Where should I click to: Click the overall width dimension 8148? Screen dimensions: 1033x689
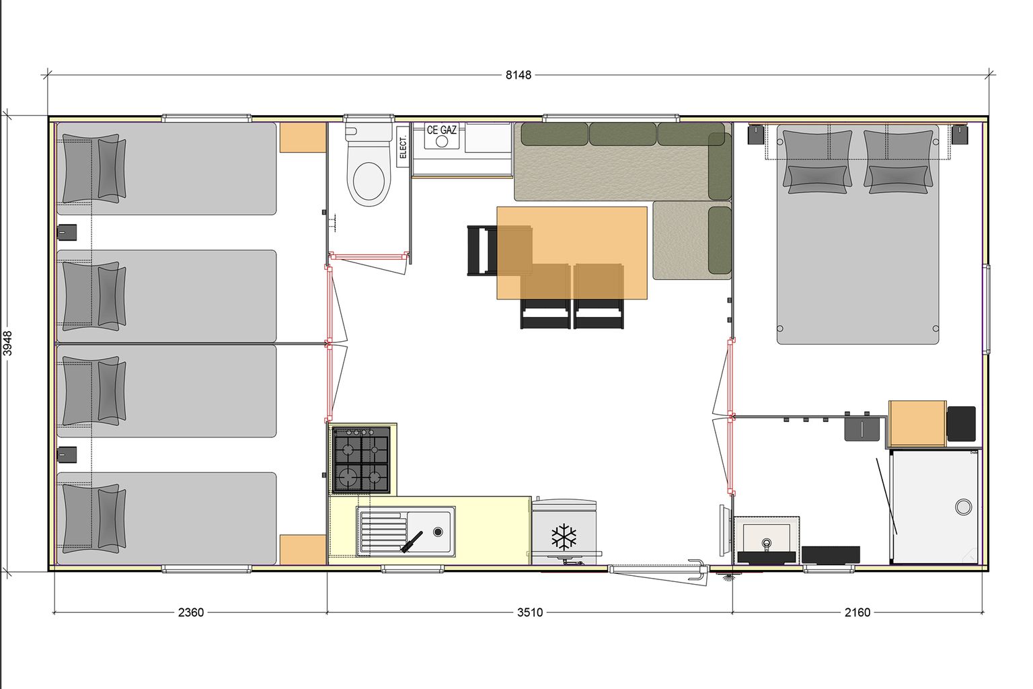coord(519,75)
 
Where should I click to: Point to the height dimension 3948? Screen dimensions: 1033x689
coord(8,343)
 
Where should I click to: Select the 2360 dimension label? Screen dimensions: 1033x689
coord(191,612)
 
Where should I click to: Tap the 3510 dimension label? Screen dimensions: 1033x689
coord(530,612)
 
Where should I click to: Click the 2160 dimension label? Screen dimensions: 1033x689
coord(857,612)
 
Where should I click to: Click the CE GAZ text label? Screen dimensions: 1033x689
coord(441,130)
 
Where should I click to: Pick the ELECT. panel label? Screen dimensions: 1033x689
coord(403,147)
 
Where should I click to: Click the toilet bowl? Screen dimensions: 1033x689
coord(369,180)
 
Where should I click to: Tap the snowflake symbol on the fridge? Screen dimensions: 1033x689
coord(564,537)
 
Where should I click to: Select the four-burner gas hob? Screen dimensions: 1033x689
coord(362,460)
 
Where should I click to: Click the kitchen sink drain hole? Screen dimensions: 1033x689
coord(438,532)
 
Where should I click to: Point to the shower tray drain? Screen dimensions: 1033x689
coord(963,507)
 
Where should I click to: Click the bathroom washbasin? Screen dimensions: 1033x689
coord(767,540)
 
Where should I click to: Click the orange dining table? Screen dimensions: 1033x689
coord(572,253)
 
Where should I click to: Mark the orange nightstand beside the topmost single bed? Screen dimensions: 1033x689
coord(303,137)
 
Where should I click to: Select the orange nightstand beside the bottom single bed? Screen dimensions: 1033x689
coord(303,550)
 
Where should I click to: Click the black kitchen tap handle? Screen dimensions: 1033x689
coord(412,542)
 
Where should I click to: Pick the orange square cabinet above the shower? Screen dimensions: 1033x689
coord(917,424)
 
